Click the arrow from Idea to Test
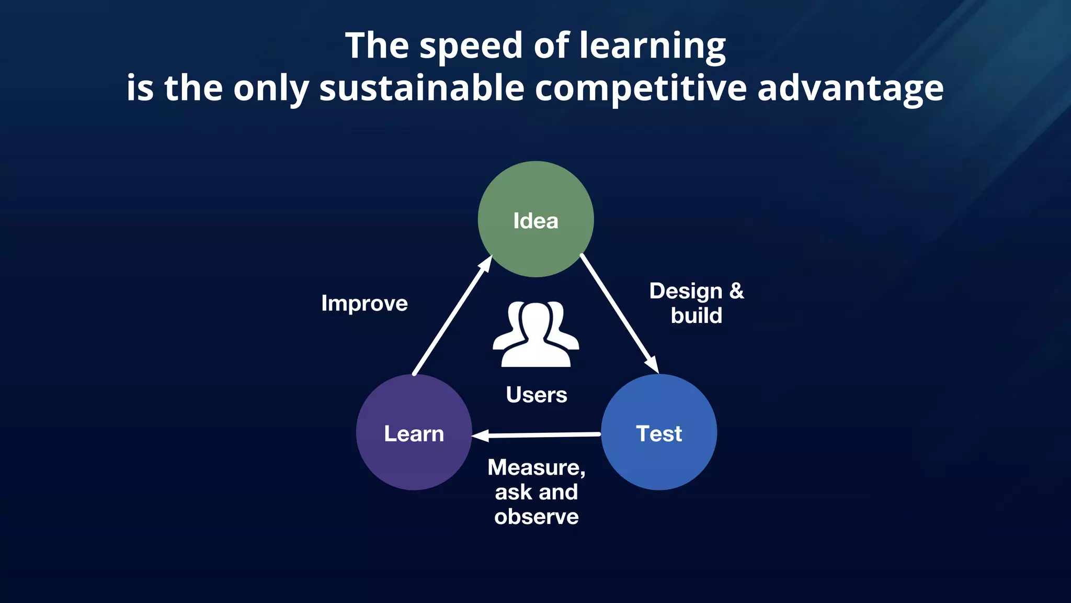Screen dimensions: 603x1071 click(x=619, y=314)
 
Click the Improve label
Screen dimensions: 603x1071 click(x=364, y=304)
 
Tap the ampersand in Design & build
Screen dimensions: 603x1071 click(x=736, y=291)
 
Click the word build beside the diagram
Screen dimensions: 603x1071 click(x=696, y=316)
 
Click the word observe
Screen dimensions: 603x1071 click(x=536, y=517)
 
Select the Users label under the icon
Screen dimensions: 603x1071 click(x=536, y=395)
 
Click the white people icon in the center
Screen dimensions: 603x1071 click(x=536, y=335)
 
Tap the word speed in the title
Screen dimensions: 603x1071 click(x=471, y=46)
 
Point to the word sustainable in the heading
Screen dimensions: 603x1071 click(x=421, y=88)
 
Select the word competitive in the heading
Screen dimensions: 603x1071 click(x=641, y=88)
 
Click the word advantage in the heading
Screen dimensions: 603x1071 click(x=850, y=88)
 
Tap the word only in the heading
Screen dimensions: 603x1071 click(x=271, y=88)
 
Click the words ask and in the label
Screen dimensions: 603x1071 click(x=536, y=492)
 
